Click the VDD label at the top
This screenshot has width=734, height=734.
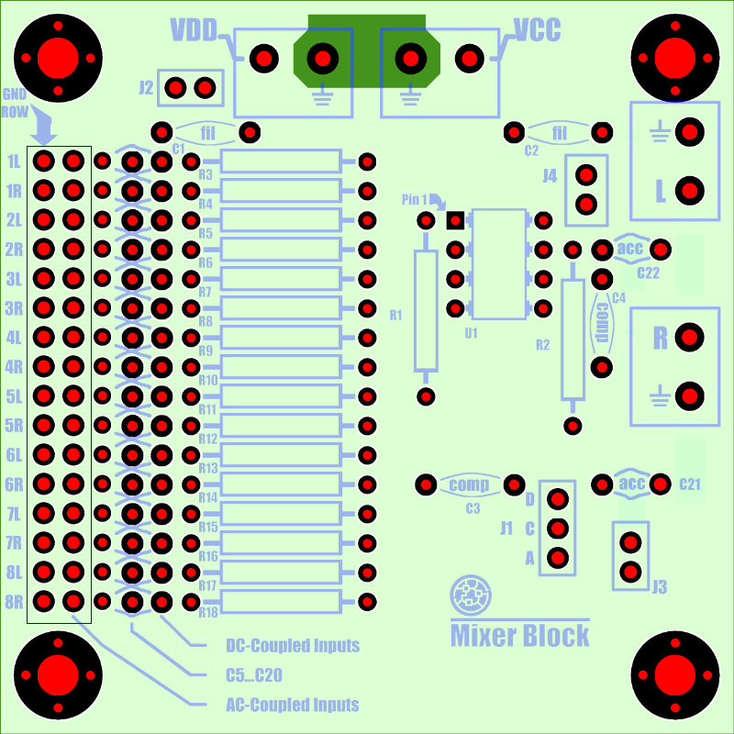click(x=194, y=30)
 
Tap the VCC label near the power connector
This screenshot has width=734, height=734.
click(x=537, y=30)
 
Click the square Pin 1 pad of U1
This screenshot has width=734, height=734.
click(x=455, y=220)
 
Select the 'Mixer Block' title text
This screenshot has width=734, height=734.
click(x=519, y=635)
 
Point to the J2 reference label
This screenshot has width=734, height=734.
click(x=146, y=87)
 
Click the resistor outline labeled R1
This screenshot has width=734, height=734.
click(x=426, y=311)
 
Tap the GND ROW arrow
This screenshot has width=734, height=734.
click(x=43, y=124)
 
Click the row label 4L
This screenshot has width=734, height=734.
click(x=14, y=338)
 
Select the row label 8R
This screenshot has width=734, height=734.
click(x=14, y=602)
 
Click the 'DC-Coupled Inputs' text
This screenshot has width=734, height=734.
click(x=293, y=646)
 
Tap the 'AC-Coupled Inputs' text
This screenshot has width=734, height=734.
click(x=293, y=705)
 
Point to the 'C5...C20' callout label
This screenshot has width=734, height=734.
click(x=254, y=675)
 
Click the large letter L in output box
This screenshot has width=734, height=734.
click(x=661, y=191)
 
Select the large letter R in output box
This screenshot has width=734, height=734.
click(x=660, y=338)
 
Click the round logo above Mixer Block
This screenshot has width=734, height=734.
click(x=471, y=595)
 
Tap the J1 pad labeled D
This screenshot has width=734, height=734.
click(x=558, y=499)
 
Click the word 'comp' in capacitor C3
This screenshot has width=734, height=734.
click(x=469, y=485)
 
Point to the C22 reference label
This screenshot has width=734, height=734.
click(x=648, y=272)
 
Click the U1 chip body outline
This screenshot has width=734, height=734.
click(x=499, y=264)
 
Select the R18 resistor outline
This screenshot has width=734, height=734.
click(x=281, y=602)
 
